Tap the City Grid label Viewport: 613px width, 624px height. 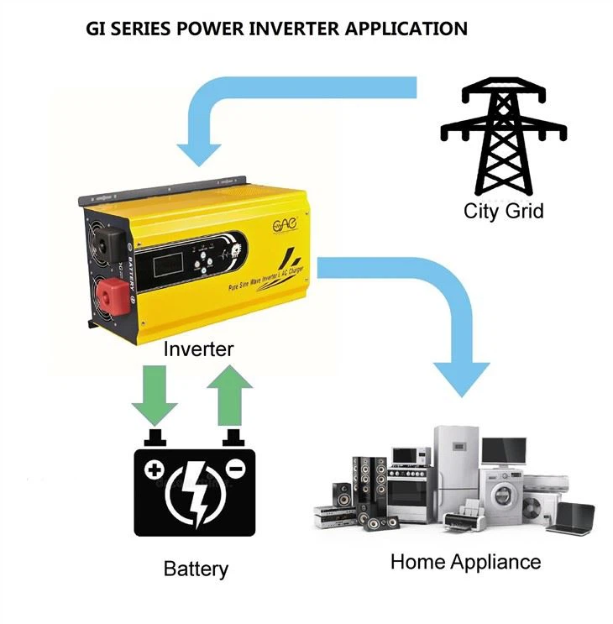503,211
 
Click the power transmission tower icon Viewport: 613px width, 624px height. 503,139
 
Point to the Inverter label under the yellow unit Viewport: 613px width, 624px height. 198,348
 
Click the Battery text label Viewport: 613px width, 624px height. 196,569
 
